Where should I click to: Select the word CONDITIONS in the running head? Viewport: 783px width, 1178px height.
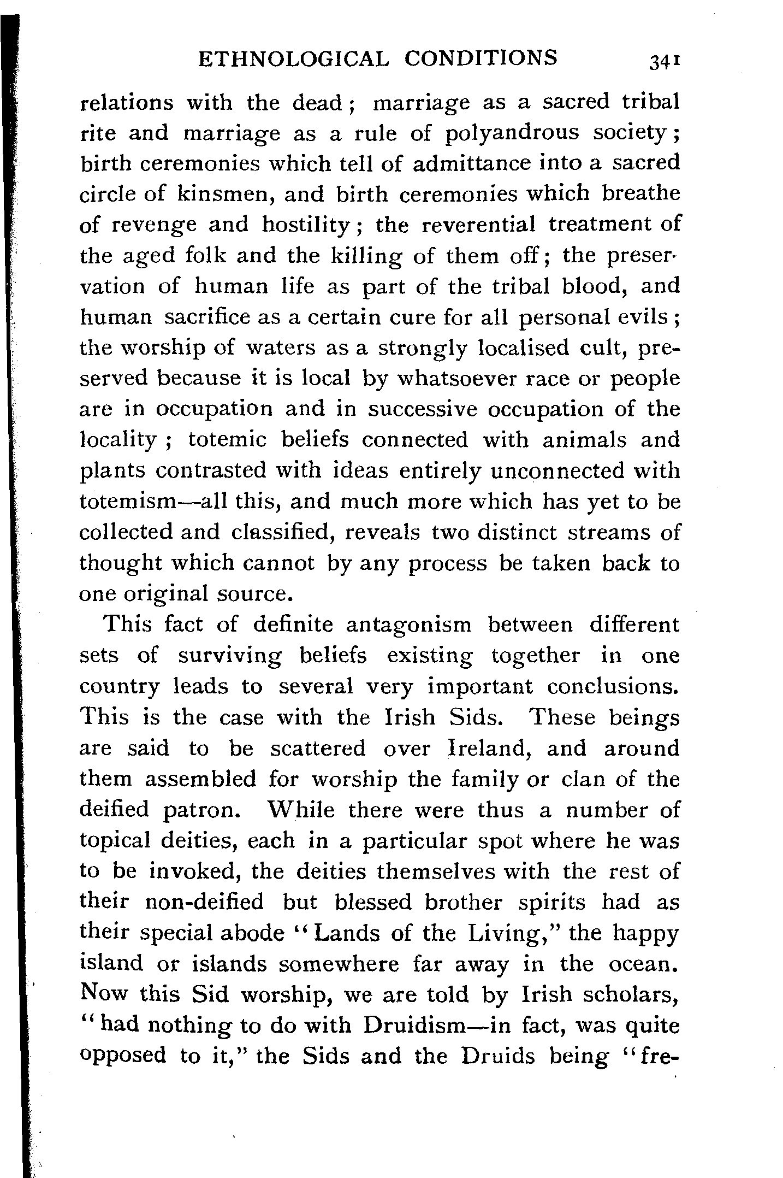[481, 58]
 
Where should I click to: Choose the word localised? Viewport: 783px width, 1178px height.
[523, 347]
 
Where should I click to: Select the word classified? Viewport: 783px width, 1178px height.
[280, 532]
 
